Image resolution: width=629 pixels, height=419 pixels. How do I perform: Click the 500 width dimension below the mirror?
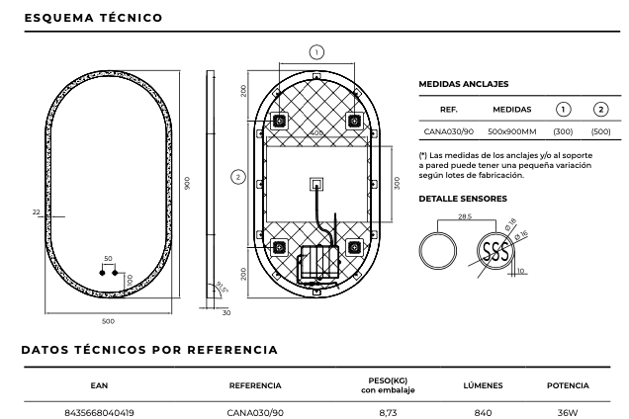pyautogui.click(x=108, y=321)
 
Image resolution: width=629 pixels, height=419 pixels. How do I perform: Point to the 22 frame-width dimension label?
pyautogui.click(x=36, y=211)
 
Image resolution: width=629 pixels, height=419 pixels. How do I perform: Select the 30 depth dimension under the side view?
pyautogui.click(x=225, y=313)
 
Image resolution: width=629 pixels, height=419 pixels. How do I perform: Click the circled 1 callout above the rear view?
pyautogui.click(x=316, y=51)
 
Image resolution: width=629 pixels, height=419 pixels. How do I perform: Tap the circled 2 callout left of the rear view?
pyautogui.click(x=237, y=177)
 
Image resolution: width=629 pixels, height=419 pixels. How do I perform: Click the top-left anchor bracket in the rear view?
pyautogui.click(x=278, y=121)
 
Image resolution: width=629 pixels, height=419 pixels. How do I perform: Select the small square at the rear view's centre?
pyautogui.click(x=316, y=183)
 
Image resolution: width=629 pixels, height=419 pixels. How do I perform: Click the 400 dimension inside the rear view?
pyautogui.click(x=316, y=131)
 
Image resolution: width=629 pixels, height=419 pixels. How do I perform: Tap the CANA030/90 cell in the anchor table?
pyautogui.click(x=448, y=130)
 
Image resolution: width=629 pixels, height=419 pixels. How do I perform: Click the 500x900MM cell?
pyautogui.click(x=512, y=130)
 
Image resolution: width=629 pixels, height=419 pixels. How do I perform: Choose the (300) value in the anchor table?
pyautogui.click(x=563, y=130)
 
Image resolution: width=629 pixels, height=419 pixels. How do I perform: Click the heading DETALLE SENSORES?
pyautogui.click(x=463, y=199)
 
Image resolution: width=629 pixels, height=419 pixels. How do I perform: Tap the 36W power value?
pyautogui.click(x=567, y=411)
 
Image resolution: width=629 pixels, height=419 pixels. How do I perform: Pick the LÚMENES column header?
pyautogui.click(x=483, y=385)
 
